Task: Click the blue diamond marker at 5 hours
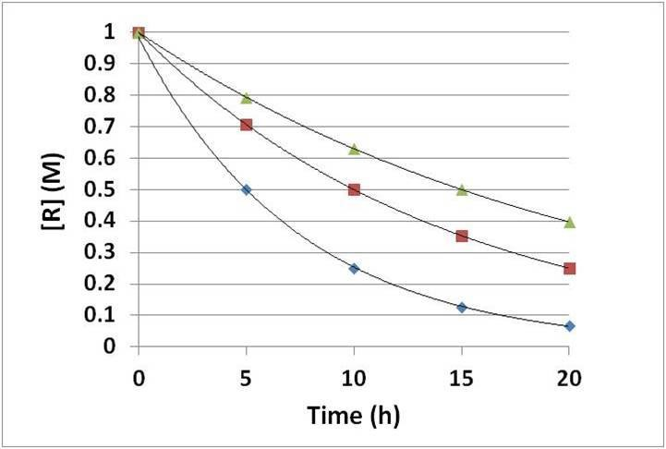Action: pyautogui.click(x=247, y=189)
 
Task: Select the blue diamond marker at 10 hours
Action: pyautogui.click(x=354, y=268)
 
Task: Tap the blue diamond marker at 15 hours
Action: pyautogui.click(x=462, y=307)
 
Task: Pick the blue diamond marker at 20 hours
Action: pyautogui.click(x=570, y=326)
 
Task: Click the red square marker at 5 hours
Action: pyautogui.click(x=247, y=125)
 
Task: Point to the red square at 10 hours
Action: pyautogui.click(x=354, y=189)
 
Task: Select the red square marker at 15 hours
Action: pyautogui.click(x=462, y=236)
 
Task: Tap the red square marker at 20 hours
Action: pyautogui.click(x=570, y=268)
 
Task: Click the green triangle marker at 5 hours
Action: pyautogui.click(x=247, y=98)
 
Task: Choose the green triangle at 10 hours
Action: pyautogui.click(x=354, y=149)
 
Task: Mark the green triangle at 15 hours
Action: pyautogui.click(x=462, y=189)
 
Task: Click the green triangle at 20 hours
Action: pyautogui.click(x=570, y=222)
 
